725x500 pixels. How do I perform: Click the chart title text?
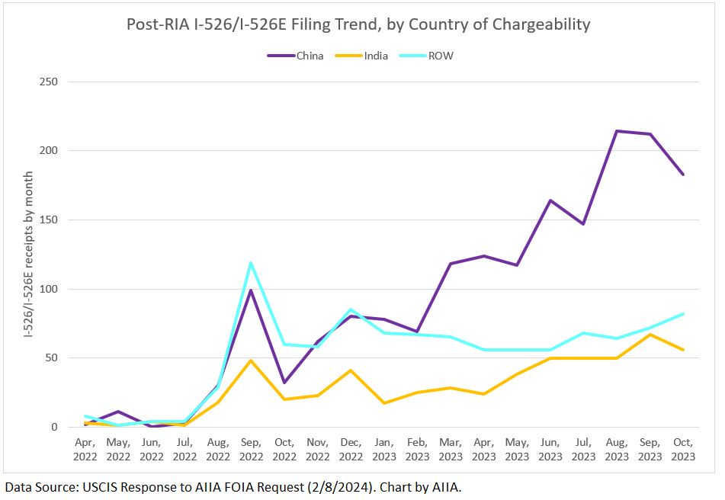point(358,24)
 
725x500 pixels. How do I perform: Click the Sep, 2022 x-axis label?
point(251,449)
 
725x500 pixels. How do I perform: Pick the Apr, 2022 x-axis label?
point(85,449)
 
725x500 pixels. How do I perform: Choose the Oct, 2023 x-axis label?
point(683,449)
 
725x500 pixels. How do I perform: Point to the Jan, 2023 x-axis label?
point(383,449)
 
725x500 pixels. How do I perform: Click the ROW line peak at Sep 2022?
point(251,263)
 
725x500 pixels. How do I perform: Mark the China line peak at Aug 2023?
point(616,131)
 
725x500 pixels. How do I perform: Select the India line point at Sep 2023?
point(650,335)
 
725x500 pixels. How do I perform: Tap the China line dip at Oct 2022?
point(284,383)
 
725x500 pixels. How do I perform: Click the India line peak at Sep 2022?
point(251,361)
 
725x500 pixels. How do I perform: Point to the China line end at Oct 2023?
point(683,175)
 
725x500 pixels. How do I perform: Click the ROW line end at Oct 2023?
point(683,313)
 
